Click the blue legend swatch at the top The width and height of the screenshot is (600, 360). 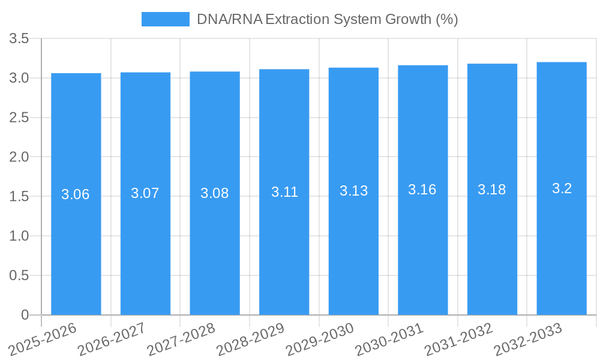[165, 19]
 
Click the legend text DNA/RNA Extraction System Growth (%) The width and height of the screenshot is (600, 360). [327, 19]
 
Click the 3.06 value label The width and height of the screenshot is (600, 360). [76, 194]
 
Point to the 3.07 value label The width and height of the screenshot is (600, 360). [145, 193]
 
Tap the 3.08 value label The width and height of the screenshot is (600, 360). [215, 193]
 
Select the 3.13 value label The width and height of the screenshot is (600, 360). [353, 191]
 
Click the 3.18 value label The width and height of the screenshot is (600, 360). [492, 190]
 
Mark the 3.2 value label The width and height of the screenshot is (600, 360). [562, 188]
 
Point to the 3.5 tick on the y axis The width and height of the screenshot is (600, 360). [19, 39]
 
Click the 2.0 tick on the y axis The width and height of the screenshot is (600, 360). [19, 157]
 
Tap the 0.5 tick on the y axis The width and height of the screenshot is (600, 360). [19, 275]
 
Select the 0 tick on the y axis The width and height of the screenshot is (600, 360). [25, 315]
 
